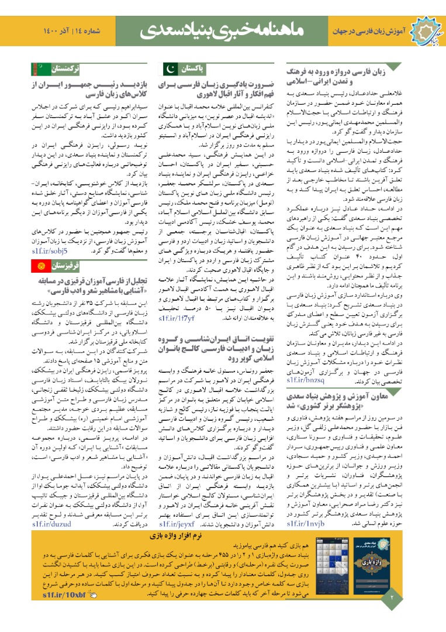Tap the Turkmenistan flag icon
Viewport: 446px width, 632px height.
(37, 69)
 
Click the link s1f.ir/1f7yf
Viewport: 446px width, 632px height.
(176, 318)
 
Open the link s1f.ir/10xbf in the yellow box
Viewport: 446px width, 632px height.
(64, 595)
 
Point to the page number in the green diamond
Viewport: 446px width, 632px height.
(392, 597)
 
